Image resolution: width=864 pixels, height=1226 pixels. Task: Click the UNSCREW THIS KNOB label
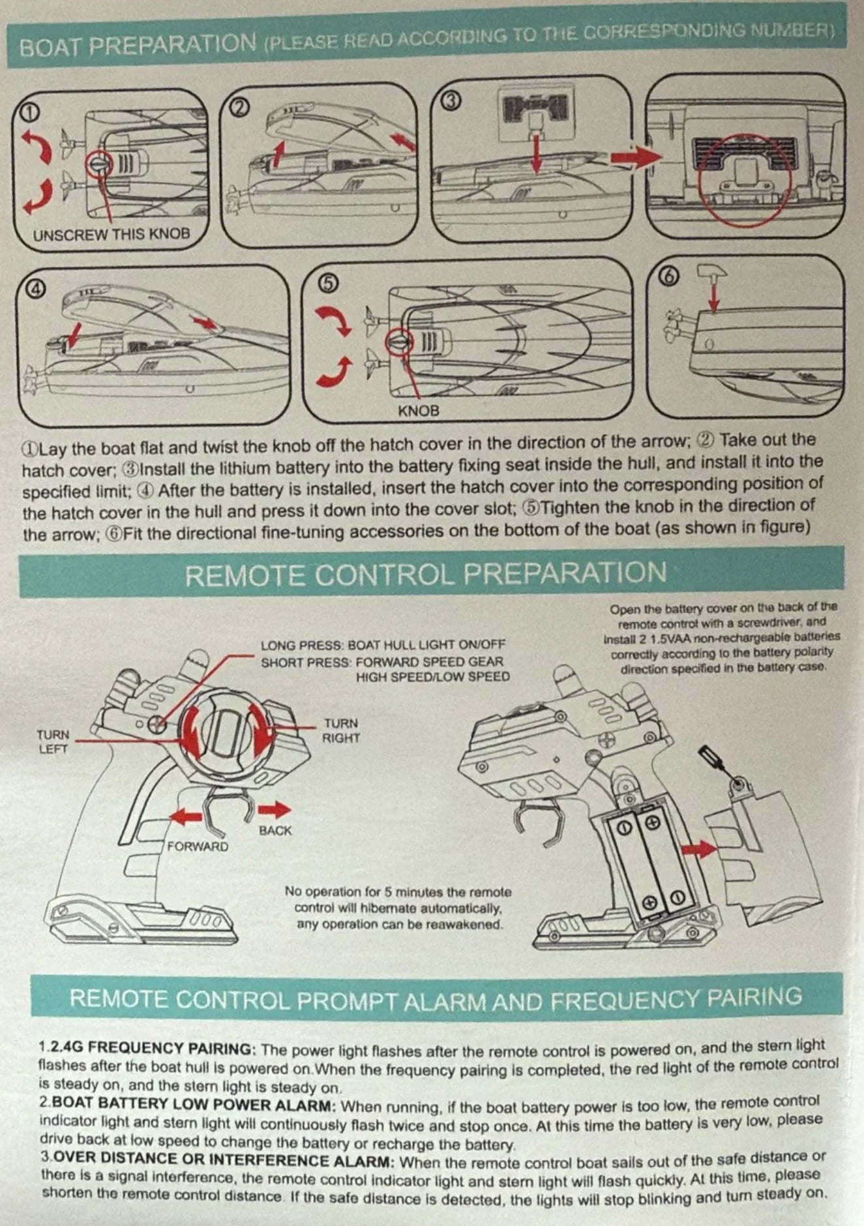pyautogui.click(x=112, y=234)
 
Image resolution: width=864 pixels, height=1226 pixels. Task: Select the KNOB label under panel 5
pyautogui.click(x=419, y=411)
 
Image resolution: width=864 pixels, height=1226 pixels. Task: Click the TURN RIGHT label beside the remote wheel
pyautogui.click(x=341, y=730)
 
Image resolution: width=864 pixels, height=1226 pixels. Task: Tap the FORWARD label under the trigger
pyautogui.click(x=198, y=846)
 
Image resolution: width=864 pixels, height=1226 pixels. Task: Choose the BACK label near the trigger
pyautogui.click(x=275, y=831)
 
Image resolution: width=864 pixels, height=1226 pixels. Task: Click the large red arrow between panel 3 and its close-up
pyautogui.click(x=635, y=157)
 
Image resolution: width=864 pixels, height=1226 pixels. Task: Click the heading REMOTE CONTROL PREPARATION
pyautogui.click(x=426, y=574)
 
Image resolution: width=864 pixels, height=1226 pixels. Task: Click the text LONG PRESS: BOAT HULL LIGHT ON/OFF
pyautogui.click(x=383, y=645)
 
